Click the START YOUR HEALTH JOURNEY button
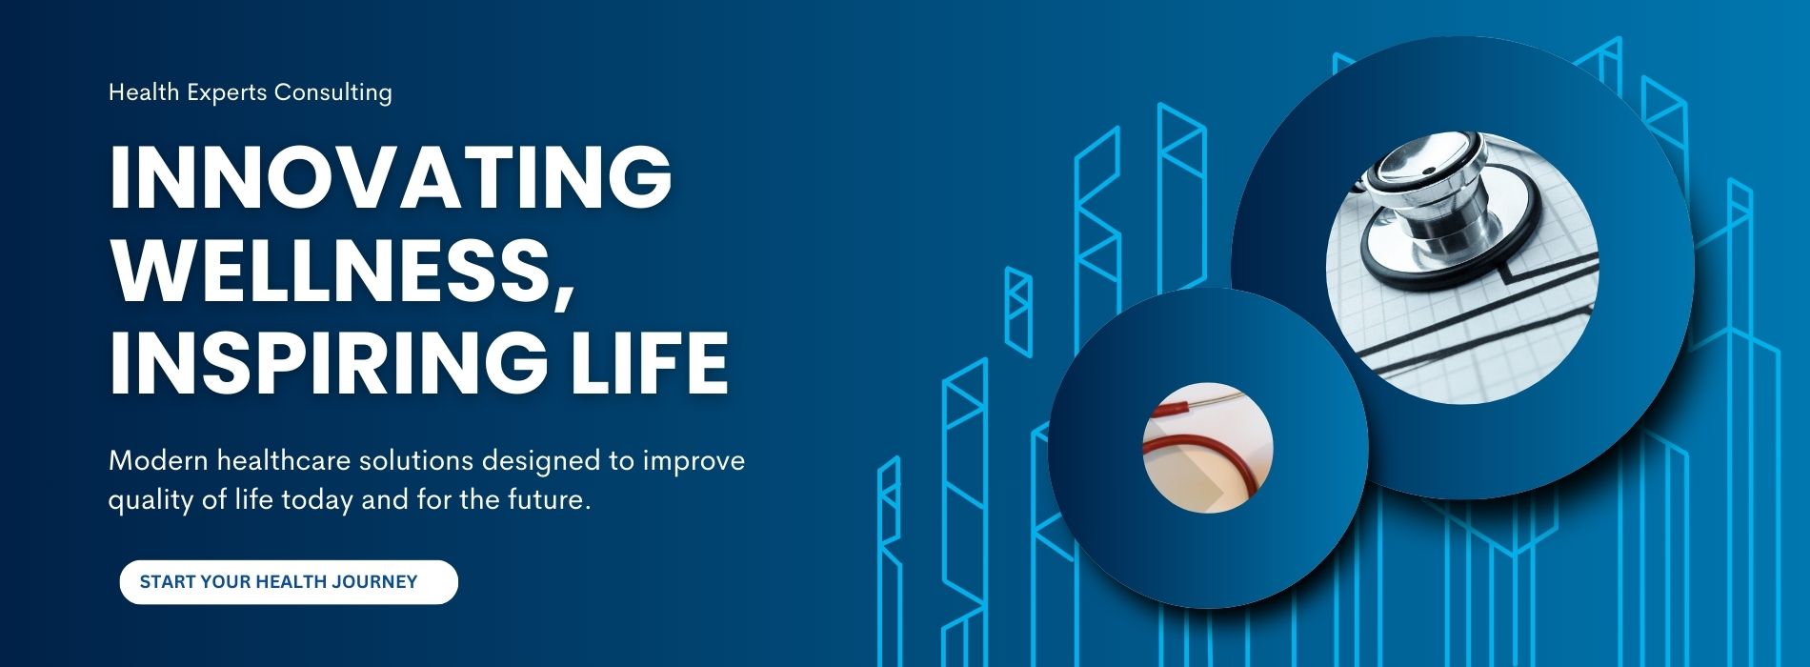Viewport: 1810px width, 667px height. [289, 582]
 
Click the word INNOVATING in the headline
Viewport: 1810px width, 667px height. [392, 177]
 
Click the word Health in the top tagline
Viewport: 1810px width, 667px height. [139, 92]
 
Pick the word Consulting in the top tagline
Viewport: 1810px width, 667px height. [332, 93]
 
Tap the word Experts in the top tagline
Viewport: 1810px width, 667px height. [221, 93]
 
